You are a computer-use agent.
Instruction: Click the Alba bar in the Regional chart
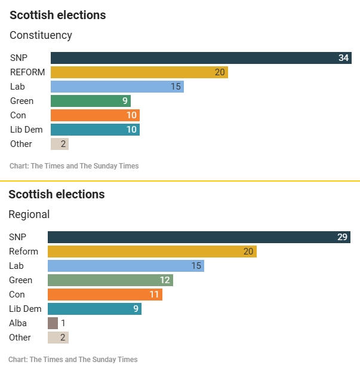coord(53,323)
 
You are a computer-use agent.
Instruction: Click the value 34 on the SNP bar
coord(343,58)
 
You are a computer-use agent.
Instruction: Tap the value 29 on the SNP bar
coord(342,237)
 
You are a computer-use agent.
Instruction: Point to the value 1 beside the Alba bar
coord(63,323)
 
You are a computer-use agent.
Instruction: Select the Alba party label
coord(18,323)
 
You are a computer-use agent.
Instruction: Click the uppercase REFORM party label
coord(27,72)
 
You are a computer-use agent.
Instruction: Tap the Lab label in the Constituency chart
coord(17,87)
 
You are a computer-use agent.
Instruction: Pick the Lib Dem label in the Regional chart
coord(25,309)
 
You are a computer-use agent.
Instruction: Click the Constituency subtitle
coord(41,35)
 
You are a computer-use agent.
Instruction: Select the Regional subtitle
coord(29,214)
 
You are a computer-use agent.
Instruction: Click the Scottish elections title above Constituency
coord(57,16)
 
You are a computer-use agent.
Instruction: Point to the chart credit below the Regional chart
coord(73,360)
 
